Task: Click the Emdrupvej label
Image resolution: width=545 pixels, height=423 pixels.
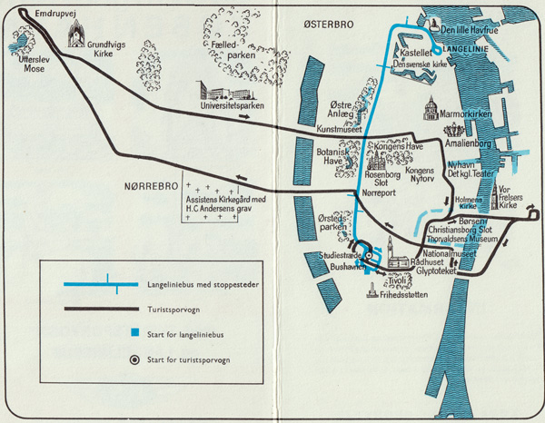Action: tap(55, 14)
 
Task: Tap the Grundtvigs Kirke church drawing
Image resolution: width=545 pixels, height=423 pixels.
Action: tap(76, 34)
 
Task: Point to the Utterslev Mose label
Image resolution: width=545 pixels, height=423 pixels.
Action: tap(35, 64)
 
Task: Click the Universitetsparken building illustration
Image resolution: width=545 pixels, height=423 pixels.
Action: tap(225, 91)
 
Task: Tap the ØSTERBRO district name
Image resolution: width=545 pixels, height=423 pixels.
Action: tap(329, 25)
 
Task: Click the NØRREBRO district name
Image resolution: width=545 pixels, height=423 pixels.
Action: tap(151, 186)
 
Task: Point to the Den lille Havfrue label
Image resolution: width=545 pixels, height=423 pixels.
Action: tap(470, 30)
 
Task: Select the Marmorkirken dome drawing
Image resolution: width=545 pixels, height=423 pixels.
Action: tap(431, 108)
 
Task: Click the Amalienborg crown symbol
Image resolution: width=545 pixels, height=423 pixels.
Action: tap(454, 131)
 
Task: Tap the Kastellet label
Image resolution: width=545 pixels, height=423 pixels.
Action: tap(416, 53)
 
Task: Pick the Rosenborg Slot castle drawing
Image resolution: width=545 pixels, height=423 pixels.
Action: tap(375, 162)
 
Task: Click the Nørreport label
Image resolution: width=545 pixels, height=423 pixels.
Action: tap(379, 192)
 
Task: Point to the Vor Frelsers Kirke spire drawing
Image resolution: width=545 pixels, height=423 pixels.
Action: tap(494, 196)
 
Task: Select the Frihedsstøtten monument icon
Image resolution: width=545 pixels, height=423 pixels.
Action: tap(372, 290)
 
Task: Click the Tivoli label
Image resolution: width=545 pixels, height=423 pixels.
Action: tap(397, 280)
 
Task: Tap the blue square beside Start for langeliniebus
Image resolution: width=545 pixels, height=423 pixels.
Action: tap(134, 332)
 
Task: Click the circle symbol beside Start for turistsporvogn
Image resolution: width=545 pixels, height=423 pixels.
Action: tap(134, 359)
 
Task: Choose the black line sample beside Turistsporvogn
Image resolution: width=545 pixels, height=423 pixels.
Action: tap(102, 309)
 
